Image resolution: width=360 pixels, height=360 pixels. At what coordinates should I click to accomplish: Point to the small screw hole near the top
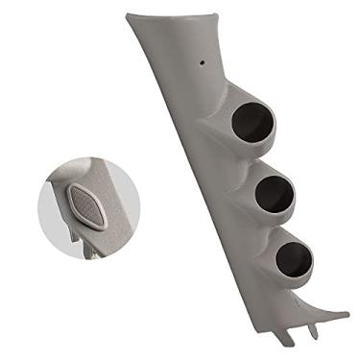pos(204,63)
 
